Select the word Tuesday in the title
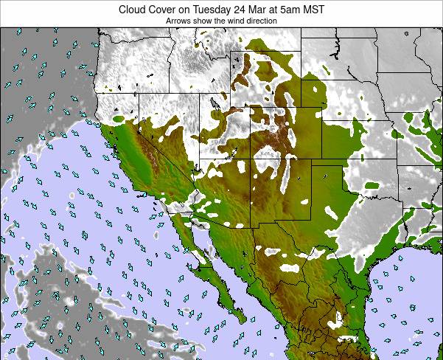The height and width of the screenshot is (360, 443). (x=211, y=10)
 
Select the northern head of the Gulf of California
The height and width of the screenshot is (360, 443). (x=193, y=221)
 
